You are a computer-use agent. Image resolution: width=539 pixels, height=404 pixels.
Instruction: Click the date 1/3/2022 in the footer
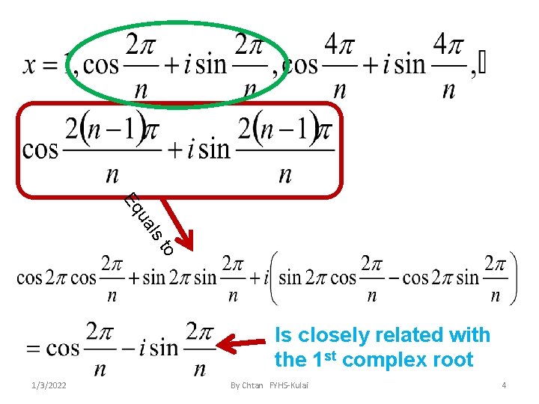(46, 385)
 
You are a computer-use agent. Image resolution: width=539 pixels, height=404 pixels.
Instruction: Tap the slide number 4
(504, 385)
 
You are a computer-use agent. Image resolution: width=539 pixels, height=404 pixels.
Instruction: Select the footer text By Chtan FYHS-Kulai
(269, 385)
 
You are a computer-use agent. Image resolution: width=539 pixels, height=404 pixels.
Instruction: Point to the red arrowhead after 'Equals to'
(187, 245)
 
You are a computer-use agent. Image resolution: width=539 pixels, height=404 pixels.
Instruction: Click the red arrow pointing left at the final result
(243, 345)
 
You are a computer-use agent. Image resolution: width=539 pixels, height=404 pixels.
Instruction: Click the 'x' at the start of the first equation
(31, 64)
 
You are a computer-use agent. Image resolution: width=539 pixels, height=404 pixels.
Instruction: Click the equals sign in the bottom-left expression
(33, 349)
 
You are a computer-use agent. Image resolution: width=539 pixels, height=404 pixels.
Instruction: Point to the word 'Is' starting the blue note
(284, 335)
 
